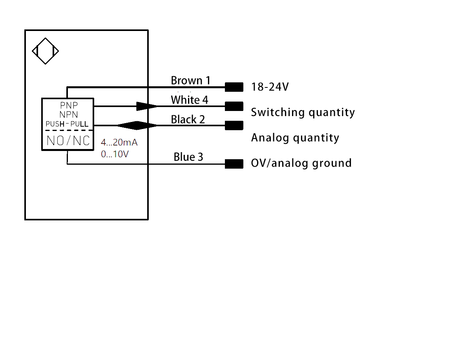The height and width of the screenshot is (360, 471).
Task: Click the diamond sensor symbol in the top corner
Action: point(45,51)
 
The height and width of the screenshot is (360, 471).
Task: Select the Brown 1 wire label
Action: point(190,81)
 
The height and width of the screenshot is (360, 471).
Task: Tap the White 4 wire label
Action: point(189,100)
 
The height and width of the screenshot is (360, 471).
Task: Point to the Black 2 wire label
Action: point(188,119)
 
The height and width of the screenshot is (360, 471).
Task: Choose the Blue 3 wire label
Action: point(188,157)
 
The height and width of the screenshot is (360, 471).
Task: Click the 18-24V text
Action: point(270,87)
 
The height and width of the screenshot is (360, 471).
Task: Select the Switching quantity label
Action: point(303,113)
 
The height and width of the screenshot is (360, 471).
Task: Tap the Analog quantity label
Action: point(295,138)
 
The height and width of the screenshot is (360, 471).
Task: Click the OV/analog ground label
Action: point(301,163)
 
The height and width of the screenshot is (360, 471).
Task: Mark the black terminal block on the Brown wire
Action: point(234,87)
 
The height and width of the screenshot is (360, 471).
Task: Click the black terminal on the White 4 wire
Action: point(234,106)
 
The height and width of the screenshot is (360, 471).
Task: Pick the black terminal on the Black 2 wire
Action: point(234,125)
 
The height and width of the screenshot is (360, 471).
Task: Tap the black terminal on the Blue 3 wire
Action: point(234,164)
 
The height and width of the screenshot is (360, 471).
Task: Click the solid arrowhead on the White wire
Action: point(146,106)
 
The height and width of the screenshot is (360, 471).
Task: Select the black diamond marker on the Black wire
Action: point(137,125)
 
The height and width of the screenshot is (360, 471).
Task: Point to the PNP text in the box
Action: point(69,105)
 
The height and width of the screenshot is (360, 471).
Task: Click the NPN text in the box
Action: point(69,115)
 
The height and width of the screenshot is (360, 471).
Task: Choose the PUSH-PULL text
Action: point(67,124)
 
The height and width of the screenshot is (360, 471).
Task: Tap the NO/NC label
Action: point(68,141)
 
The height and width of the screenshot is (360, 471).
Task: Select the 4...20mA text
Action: point(119,142)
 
